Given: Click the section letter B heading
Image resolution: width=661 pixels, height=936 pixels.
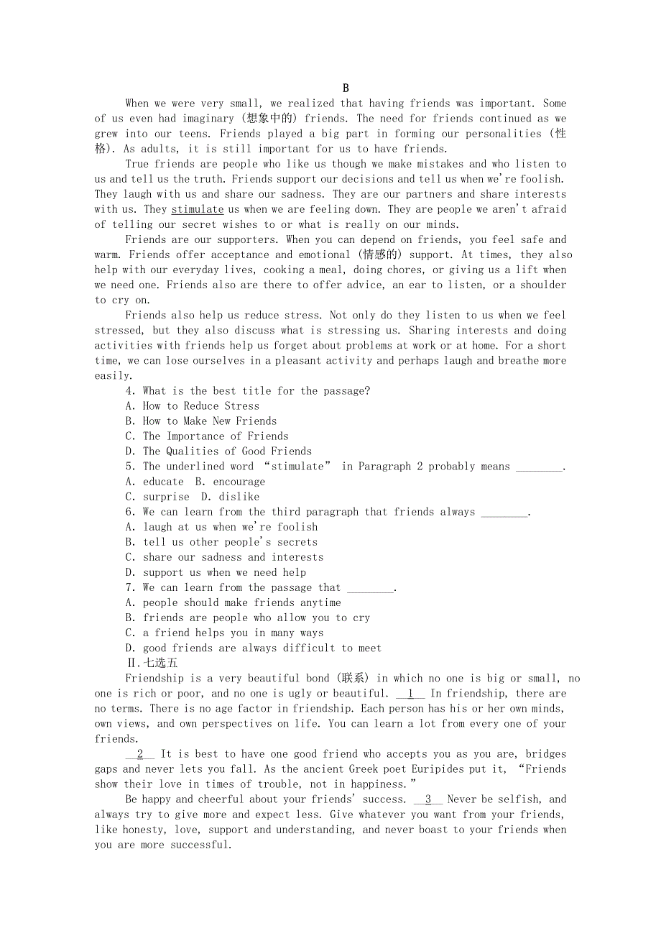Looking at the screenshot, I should (x=346, y=88).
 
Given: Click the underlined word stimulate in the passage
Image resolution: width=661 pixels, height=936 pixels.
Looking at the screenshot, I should (x=198, y=209).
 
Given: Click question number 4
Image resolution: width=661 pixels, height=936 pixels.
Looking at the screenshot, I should (x=130, y=391).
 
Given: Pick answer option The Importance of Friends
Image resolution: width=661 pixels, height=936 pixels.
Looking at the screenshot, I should (x=207, y=436).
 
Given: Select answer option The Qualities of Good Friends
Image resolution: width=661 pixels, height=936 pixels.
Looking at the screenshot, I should (x=218, y=451).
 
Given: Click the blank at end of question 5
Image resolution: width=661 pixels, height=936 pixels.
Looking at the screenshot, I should (x=540, y=467).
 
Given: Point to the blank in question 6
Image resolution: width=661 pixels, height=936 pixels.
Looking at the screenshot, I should (x=504, y=513).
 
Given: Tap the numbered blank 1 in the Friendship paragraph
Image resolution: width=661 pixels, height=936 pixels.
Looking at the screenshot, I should (x=410, y=694).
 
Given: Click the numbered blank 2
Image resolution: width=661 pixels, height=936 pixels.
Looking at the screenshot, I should (x=140, y=754).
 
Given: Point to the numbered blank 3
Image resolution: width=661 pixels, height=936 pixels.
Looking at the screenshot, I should (x=428, y=799).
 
